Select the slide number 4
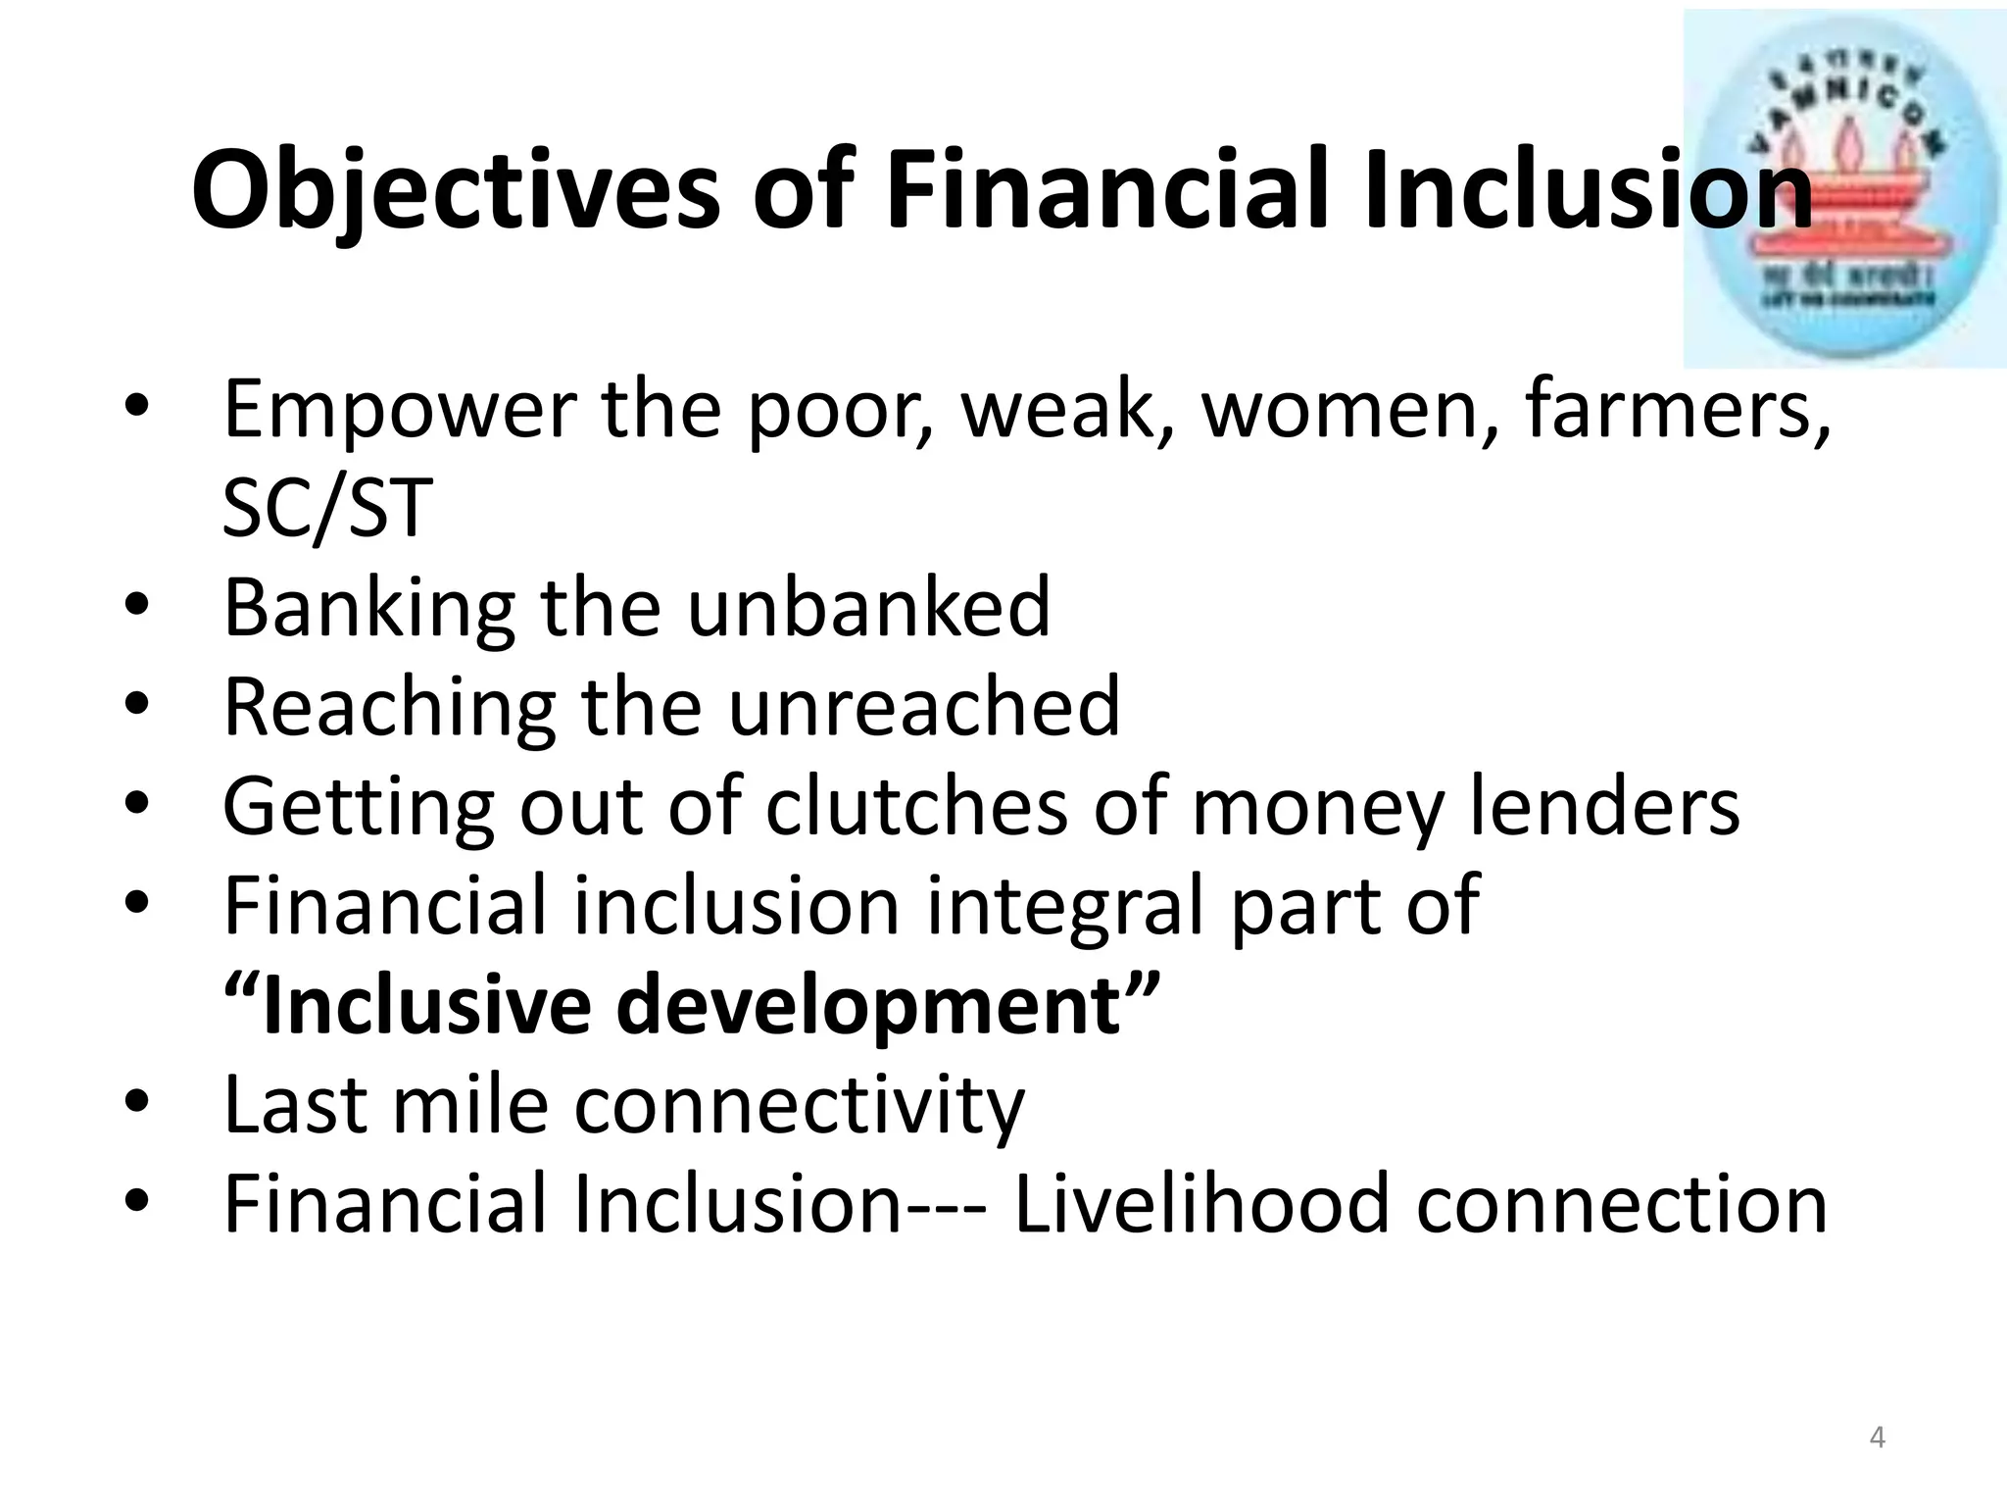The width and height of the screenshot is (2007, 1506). click(1877, 1438)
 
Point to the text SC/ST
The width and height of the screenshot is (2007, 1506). click(327, 509)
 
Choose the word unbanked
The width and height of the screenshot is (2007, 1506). click(868, 608)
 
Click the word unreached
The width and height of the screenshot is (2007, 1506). click(923, 707)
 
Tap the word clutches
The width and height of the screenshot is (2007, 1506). click(916, 806)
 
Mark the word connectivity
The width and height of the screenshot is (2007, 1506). click(799, 1106)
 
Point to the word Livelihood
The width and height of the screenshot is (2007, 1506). click(1201, 1205)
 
